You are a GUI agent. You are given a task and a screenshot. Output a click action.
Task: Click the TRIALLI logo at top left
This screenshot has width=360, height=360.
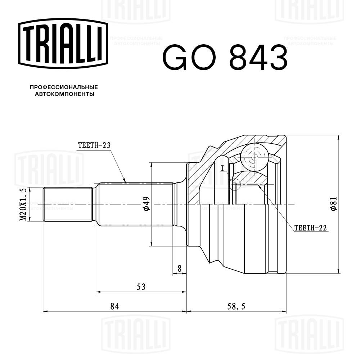click(63, 44)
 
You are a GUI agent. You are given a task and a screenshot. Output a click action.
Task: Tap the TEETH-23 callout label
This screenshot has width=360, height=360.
click(94, 145)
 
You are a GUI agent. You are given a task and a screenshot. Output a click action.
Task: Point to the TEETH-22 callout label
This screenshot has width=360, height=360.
click(310, 228)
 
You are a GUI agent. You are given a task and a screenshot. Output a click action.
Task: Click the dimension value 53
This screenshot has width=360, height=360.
click(141, 287)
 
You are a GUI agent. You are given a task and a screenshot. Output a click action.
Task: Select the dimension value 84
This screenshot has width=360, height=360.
click(114, 306)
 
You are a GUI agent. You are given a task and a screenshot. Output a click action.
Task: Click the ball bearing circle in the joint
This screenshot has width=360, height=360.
click(255, 157)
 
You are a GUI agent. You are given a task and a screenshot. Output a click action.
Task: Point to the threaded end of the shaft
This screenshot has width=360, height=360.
click(67, 204)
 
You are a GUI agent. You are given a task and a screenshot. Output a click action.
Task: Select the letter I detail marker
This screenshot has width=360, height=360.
click(223, 168)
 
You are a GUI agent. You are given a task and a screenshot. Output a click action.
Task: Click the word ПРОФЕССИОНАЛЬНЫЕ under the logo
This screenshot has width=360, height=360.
click(63, 87)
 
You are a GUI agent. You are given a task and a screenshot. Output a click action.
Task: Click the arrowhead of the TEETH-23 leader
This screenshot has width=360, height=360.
click(125, 181)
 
